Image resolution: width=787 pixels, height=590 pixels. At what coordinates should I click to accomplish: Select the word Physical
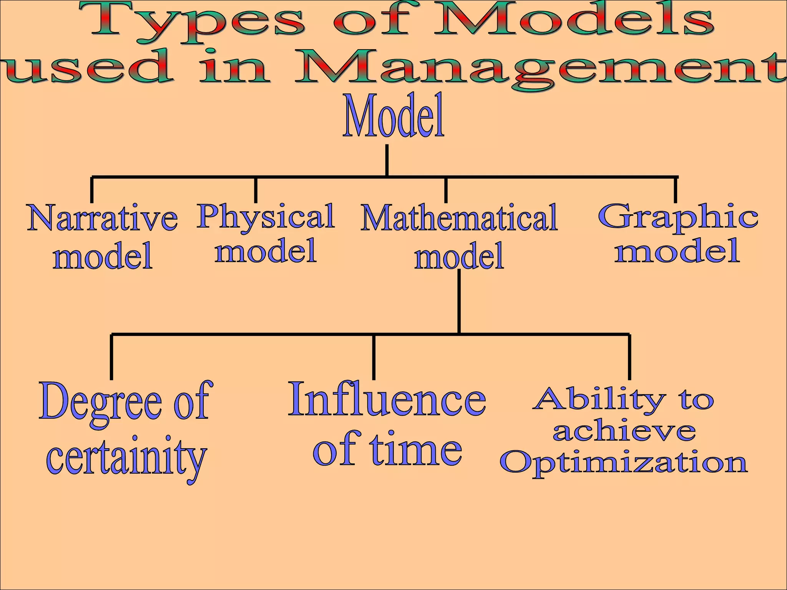point(266,217)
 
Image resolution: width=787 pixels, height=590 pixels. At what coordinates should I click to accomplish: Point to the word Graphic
point(678,217)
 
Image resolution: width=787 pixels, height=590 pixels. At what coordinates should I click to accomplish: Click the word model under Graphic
point(677,250)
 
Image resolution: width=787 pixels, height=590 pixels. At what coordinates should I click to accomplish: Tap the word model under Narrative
point(103,256)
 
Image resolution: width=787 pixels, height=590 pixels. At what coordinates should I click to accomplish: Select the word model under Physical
point(266,250)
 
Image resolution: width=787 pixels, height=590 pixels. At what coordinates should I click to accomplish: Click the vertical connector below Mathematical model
point(459,302)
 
